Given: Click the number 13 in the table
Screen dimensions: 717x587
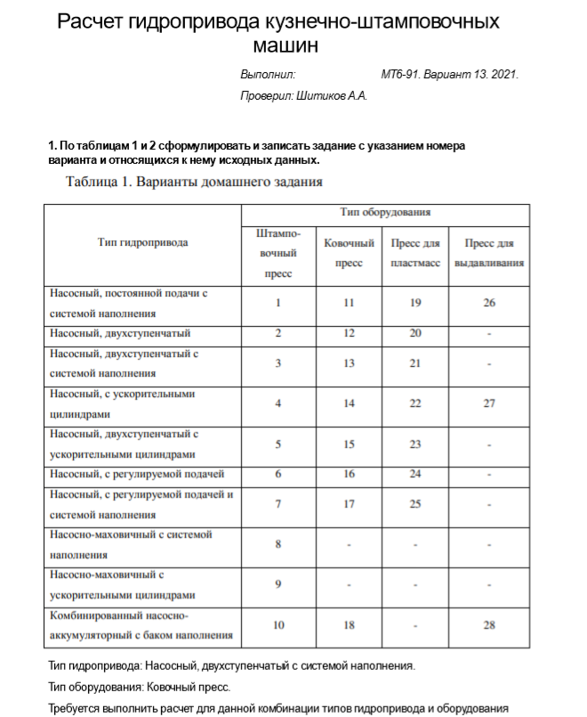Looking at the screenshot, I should pos(349,363).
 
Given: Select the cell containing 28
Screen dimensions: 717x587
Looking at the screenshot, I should pos(488,625).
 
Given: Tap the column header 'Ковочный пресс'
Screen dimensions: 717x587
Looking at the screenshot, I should pos(349,253).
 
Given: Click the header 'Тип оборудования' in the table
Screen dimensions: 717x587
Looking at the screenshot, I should pos(385,214).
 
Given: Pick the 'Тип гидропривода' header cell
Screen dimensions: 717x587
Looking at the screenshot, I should pos(143,242).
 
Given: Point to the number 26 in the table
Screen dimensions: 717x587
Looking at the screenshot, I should pos(488,303).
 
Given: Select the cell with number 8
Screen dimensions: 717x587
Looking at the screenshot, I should pos(278,543).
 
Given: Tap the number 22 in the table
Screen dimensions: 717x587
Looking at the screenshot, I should pos(415,403).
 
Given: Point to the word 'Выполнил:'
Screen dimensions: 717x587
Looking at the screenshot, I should pos(268,75).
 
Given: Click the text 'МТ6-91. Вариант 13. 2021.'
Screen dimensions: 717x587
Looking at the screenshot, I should pos(449,75).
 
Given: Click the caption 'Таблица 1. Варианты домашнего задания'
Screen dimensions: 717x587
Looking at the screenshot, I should pos(194,183).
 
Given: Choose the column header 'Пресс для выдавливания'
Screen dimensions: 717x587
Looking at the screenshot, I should pos(488,253).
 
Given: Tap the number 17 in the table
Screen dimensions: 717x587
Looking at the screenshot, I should pos(349,505).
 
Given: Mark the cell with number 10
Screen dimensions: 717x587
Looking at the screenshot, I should pos(278,625).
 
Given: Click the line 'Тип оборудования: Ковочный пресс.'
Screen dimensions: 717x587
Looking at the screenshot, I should pos(140,687).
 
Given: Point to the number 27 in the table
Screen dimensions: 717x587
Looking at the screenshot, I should pos(488,403).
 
